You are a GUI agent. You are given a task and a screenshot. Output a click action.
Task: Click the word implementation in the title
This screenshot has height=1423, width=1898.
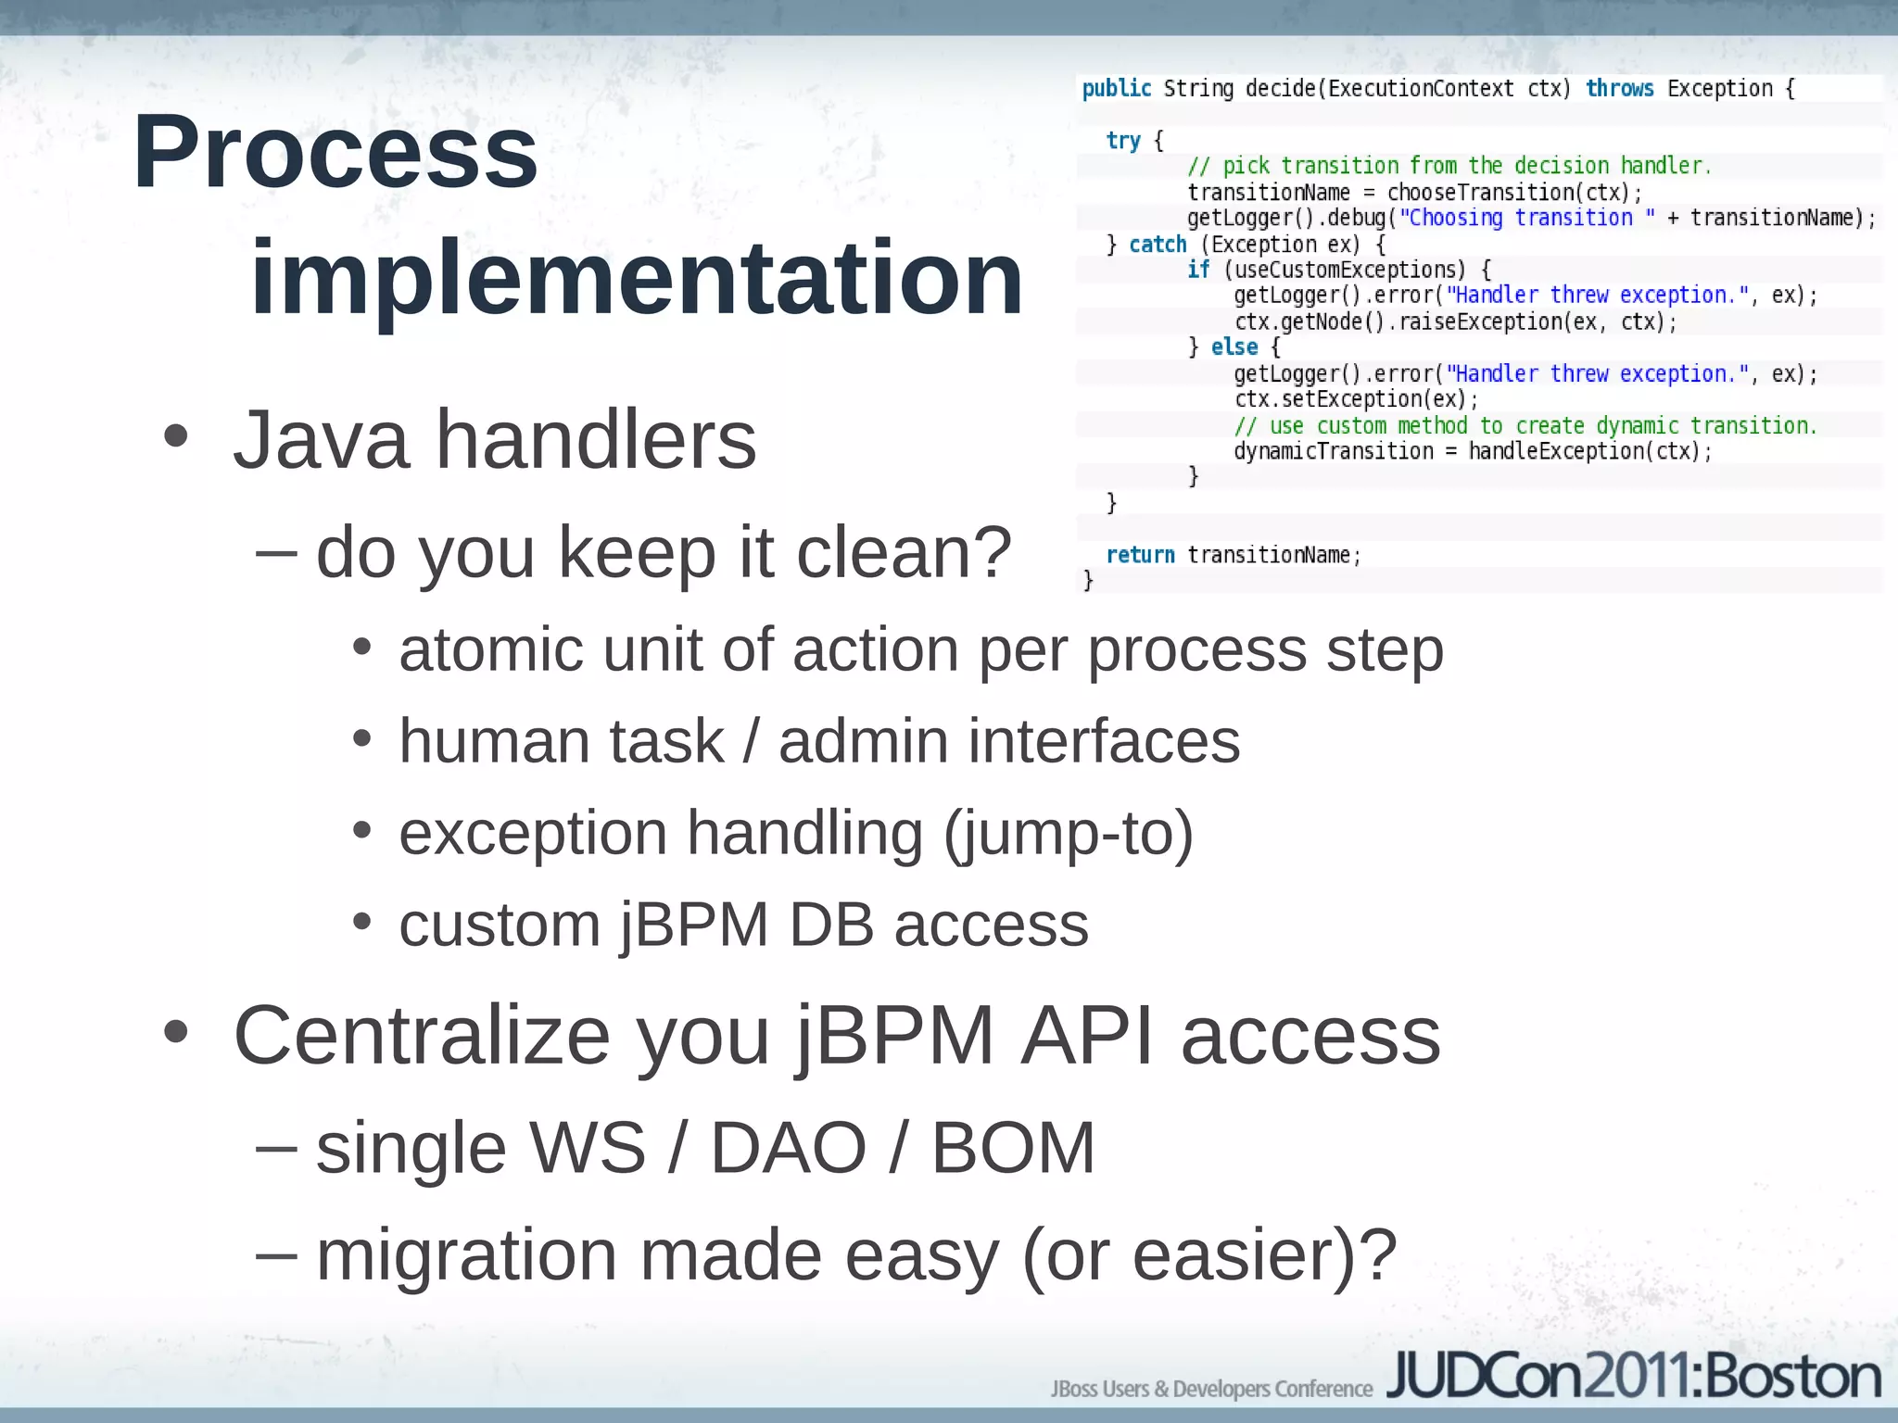pos(637,278)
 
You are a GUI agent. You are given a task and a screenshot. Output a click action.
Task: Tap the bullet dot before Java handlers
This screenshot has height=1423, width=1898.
pos(175,437)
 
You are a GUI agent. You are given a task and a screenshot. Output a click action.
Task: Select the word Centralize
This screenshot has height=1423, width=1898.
pos(422,1036)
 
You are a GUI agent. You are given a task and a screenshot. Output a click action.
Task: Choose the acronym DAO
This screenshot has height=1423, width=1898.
pos(788,1148)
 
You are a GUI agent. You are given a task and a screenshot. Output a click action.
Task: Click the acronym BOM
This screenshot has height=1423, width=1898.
pos(1012,1148)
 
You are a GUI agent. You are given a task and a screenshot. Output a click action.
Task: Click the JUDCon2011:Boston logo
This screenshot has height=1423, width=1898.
pos(1633,1377)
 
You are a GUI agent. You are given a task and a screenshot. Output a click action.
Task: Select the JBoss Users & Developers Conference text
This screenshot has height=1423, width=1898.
pos(1210,1389)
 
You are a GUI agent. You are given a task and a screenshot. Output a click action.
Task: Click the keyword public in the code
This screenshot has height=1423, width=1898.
pos(1116,89)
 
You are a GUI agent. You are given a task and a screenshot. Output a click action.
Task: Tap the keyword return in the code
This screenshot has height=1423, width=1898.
pos(1140,555)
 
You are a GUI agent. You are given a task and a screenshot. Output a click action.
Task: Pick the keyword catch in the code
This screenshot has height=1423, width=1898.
pos(1158,245)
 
